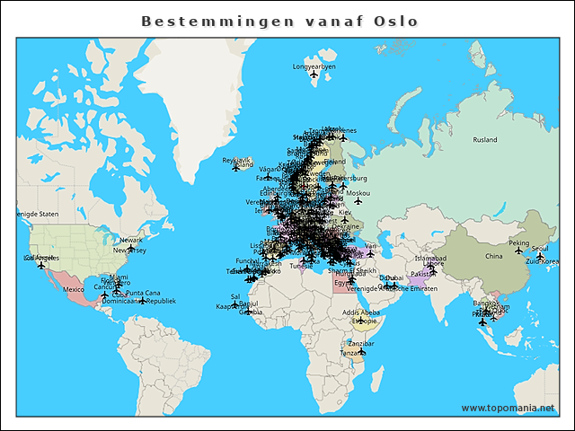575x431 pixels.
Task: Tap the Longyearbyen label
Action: (x=314, y=66)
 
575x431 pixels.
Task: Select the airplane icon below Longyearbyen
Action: (x=314, y=75)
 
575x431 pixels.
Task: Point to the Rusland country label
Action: (x=485, y=140)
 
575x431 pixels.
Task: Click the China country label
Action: (x=493, y=256)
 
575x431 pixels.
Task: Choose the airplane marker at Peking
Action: (x=518, y=251)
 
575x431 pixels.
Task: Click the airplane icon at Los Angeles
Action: (x=40, y=265)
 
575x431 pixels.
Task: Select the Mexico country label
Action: (x=74, y=289)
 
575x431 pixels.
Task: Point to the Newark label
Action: (x=131, y=240)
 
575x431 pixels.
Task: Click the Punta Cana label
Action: (x=143, y=293)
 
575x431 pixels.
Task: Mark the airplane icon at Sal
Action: (x=235, y=304)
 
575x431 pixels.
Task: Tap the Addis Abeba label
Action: (x=360, y=312)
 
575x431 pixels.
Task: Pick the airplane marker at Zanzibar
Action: (x=363, y=351)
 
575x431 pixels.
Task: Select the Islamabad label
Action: (x=430, y=258)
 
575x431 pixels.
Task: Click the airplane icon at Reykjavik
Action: (x=236, y=167)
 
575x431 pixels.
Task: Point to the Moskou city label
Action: (x=358, y=193)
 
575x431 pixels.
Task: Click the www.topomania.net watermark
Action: (x=509, y=408)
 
